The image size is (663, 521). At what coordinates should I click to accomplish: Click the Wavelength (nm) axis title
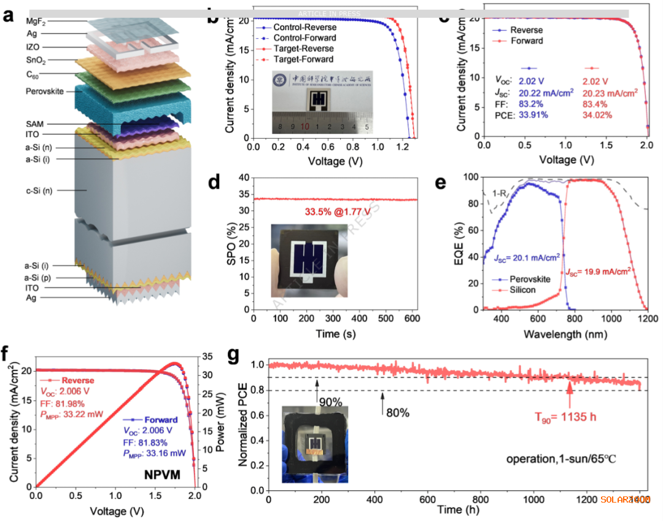pos(565,334)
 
